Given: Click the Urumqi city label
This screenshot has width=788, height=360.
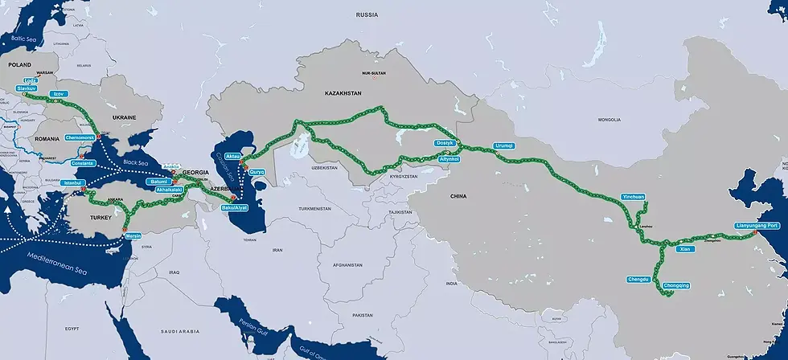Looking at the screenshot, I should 503,146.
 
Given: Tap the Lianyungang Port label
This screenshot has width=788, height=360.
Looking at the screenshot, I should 758,226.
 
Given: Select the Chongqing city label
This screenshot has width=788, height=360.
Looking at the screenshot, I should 679,285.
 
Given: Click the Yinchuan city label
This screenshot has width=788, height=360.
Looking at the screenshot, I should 634,197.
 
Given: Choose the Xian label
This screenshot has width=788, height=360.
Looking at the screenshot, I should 685,249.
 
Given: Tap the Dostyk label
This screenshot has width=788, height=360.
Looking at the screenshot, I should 445,143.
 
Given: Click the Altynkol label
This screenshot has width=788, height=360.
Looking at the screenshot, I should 449,159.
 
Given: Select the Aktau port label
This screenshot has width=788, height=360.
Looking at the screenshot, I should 233,155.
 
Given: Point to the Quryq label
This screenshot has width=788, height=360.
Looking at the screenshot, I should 257,172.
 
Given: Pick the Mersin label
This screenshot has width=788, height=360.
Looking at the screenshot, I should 133,236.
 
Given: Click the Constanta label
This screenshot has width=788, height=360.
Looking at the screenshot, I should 83,163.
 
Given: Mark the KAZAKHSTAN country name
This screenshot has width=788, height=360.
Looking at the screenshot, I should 343,94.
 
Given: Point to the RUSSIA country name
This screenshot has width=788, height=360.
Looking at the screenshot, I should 367,14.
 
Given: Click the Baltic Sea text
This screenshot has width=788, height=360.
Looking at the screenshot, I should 25,37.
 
